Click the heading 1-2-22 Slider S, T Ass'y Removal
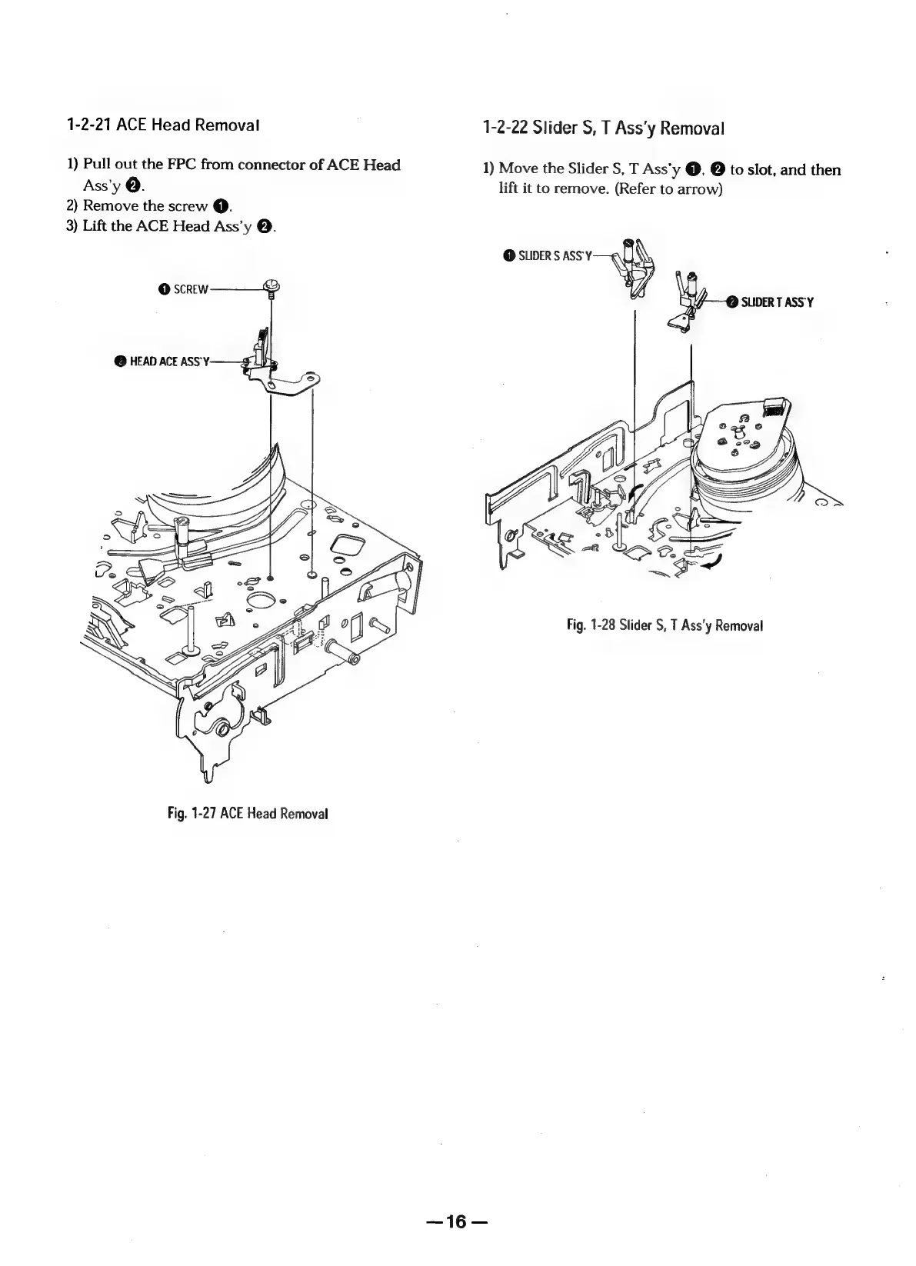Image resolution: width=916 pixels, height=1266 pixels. click(603, 128)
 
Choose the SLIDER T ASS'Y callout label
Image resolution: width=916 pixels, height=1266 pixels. click(776, 302)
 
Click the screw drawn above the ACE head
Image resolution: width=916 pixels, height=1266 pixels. click(270, 288)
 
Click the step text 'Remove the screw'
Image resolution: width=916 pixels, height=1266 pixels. click(145, 205)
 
